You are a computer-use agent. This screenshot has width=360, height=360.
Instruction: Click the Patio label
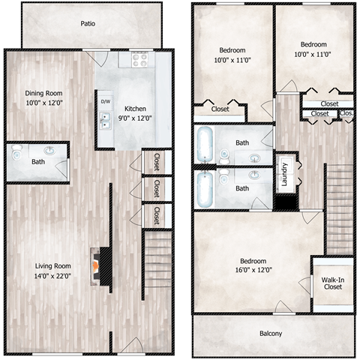(88, 24)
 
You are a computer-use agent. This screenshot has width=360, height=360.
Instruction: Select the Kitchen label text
(136, 109)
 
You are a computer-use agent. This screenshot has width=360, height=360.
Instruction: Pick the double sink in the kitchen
(105, 122)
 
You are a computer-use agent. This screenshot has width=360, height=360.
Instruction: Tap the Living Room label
(52, 265)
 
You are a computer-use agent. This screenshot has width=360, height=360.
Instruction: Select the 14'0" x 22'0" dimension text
(52, 276)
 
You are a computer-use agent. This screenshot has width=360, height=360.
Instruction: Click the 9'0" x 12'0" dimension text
(136, 118)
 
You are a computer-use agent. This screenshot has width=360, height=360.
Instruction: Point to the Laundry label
(285, 172)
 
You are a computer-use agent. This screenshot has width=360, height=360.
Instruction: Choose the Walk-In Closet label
(332, 282)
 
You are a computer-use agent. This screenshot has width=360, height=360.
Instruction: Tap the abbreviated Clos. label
(346, 114)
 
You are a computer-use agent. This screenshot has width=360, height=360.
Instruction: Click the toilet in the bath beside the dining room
(17, 151)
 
